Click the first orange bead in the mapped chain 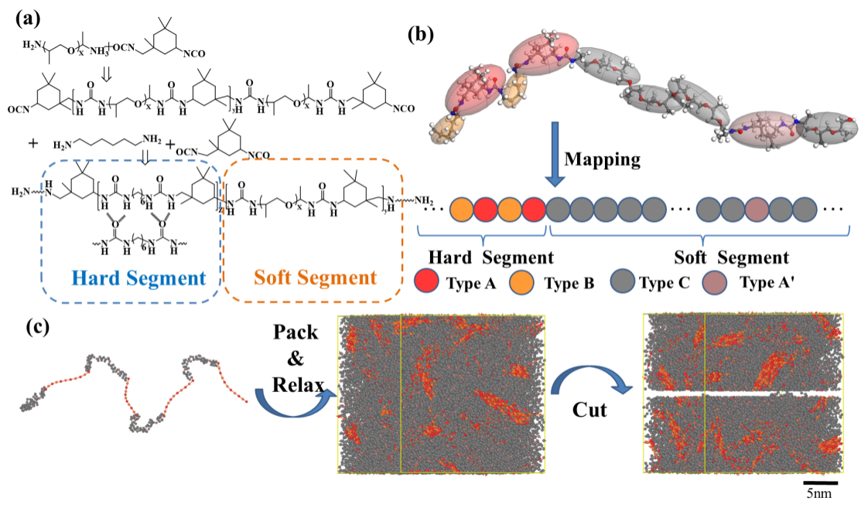461,209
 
